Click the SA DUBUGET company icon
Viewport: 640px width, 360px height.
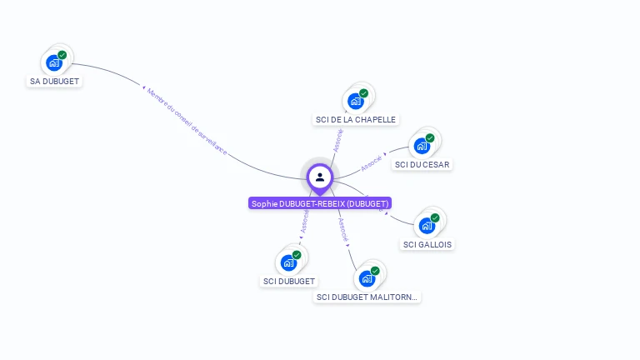54,62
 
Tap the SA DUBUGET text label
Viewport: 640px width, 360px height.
54,82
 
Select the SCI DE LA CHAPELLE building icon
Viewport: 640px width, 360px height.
356,102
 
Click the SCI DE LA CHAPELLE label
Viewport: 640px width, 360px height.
356,120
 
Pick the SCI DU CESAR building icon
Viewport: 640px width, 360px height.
422,146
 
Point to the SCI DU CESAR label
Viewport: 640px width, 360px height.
422,165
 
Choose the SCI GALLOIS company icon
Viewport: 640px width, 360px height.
427,225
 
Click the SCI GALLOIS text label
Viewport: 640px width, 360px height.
428,244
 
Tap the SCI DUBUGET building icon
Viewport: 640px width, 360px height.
288,262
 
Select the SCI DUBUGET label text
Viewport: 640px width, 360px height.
289,282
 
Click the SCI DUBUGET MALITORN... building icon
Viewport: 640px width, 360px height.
367,278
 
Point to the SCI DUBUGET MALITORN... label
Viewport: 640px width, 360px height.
367,297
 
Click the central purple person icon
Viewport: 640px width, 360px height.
320,177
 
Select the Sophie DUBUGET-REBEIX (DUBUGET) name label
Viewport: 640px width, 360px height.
320,203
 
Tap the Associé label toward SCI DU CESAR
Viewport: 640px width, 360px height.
372,163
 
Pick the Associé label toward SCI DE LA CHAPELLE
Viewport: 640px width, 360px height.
338,139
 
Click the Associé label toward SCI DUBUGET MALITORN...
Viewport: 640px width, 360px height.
343,230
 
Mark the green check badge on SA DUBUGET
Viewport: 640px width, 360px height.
62,55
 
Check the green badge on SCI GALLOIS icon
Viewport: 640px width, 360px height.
435,217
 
